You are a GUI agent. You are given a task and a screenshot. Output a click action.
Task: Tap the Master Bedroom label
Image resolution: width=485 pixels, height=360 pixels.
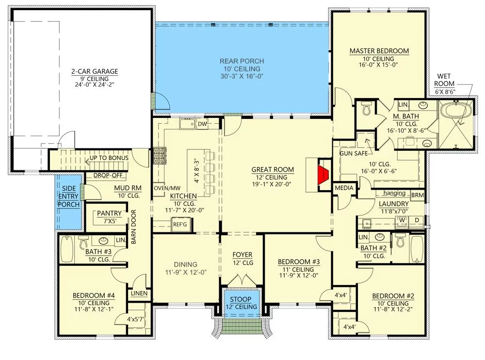(379, 51)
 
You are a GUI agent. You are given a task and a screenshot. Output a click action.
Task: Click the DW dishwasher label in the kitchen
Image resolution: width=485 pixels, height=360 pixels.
(202, 124)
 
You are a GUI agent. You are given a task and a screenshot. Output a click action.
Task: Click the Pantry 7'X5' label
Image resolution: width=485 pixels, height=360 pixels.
(109, 217)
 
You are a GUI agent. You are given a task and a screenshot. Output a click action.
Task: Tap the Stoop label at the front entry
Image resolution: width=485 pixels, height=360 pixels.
(241, 299)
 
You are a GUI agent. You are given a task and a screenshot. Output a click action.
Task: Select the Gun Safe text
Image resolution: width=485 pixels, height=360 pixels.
(354, 153)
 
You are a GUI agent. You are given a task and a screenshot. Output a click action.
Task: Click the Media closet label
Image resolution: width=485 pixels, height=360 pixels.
(344, 188)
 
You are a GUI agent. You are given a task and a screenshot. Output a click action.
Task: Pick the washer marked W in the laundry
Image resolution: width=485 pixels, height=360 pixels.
(402, 220)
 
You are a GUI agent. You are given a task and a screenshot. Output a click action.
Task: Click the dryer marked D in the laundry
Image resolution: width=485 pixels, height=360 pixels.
(417, 220)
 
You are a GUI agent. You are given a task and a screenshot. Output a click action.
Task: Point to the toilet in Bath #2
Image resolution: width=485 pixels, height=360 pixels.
(401, 240)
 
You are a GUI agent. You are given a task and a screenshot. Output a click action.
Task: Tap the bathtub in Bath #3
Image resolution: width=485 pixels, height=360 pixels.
(66, 248)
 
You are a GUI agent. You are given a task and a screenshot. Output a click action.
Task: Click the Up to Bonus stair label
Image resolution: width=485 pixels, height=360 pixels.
(109, 158)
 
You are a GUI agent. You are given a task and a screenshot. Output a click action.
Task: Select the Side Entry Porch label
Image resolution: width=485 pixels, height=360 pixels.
(68, 196)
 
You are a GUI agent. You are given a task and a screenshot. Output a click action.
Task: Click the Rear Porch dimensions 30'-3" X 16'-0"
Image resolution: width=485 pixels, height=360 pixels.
(242, 76)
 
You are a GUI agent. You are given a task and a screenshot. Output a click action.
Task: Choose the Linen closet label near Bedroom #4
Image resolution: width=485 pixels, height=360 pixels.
(139, 293)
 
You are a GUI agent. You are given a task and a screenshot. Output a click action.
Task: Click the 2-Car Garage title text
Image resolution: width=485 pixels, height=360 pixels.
(95, 71)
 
